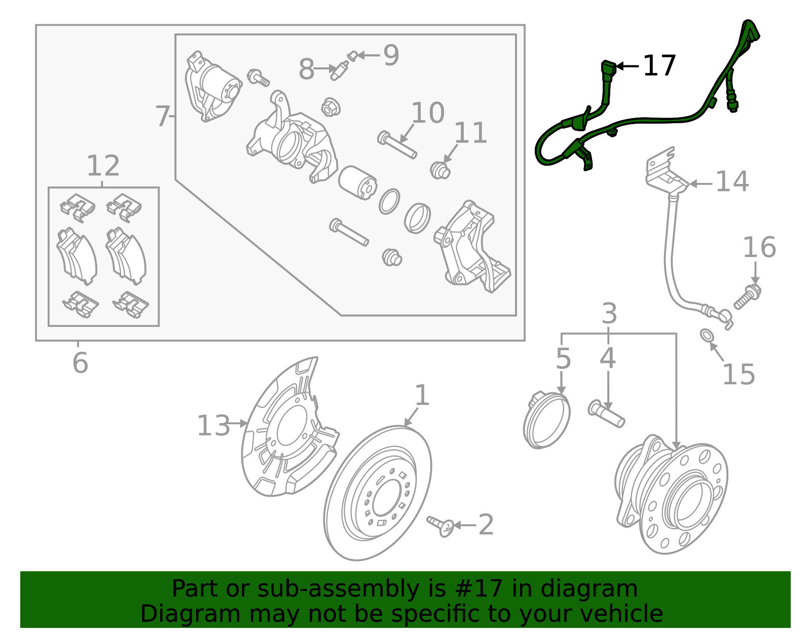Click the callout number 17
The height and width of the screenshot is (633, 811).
tap(659, 66)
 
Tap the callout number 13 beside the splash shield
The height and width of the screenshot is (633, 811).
tap(213, 425)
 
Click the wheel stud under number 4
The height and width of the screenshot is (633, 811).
tap(606, 414)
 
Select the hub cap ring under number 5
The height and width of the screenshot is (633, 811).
tap(546, 420)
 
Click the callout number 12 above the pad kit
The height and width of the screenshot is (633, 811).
tap(103, 166)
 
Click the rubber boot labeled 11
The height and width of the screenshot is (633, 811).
tap(440, 170)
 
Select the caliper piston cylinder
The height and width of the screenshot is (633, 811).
tap(357, 183)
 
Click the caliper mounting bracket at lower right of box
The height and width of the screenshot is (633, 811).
tap(471, 248)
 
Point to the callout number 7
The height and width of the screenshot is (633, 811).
tap(162, 116)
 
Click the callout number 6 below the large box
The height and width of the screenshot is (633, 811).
tap(80, 363)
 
